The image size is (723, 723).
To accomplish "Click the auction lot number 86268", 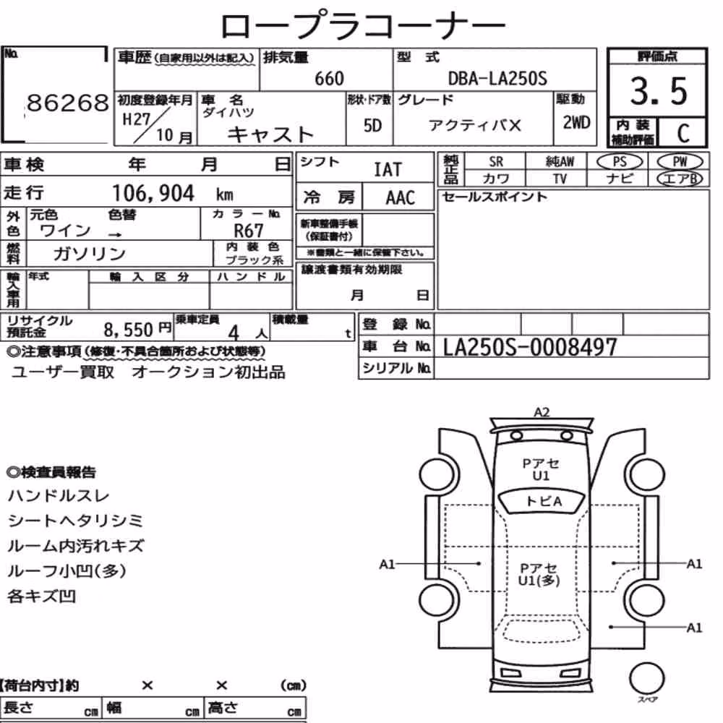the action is (x=68, y=103).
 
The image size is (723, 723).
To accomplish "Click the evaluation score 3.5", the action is (x=659, y=91).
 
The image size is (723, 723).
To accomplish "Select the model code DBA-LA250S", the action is (x=497, y=78).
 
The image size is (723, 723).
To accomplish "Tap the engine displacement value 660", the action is (x=329, y=78).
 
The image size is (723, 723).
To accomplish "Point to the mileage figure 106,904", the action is (x=153, y=193).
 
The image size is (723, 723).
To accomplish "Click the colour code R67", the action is (x=249, y=230).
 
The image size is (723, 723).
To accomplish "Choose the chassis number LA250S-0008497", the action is (x=530, y=347).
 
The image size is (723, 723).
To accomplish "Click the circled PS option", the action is (x=620, y=162).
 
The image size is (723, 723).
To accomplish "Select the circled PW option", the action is (x=680, y=161).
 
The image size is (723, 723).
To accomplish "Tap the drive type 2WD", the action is (x=576, y=122).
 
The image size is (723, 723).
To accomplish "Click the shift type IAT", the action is (x=388, y=169).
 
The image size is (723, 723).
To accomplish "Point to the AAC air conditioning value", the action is (x=401, y=197).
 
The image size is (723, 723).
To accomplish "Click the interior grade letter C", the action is (x=683, y=133).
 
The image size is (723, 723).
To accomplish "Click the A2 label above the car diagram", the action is (x=542, y=412).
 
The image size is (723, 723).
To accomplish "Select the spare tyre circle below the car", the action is (x=647, y=678).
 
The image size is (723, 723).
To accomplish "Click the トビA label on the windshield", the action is (x=544, y=501).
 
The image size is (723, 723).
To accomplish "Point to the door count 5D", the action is (x=372, y=125).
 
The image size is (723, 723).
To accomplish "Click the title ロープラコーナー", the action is (x=363, y=25).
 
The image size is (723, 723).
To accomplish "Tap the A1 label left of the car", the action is (x=387, y=564).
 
